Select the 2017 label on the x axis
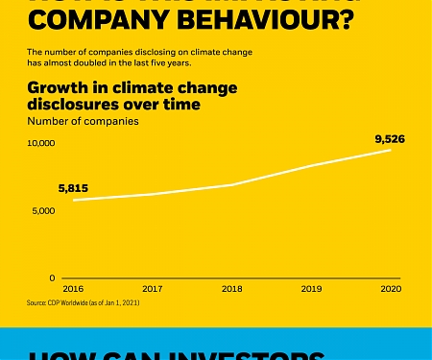click(x=152, y=287)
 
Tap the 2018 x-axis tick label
click(x=231, y=287)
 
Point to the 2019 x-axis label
click(x=311, y=287)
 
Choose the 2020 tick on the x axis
click(x=391, y=287)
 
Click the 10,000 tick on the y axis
click(x=41, y=143)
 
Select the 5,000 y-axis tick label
click(x=44, y=210)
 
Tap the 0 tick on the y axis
click(x=54, y=277)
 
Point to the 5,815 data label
click(x=73, y=187)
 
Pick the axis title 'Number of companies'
click(x=83, y=121)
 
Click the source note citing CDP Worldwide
click(x=84, y=302)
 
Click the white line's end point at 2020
click(x=391, y=150)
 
